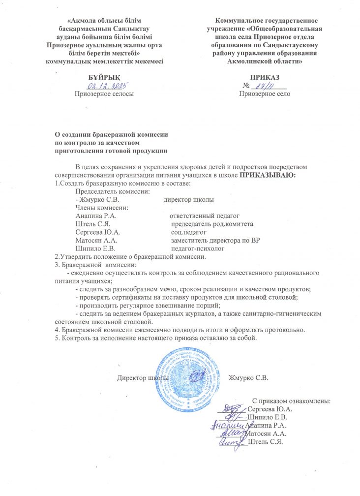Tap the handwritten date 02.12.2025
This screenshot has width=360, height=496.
click(x=104, y=86)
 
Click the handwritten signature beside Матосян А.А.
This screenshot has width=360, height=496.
click(x=228, y=433)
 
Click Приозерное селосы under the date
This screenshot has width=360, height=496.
click(x=103, y=93)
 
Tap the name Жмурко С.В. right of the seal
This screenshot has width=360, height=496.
click(x=249, y=378)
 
